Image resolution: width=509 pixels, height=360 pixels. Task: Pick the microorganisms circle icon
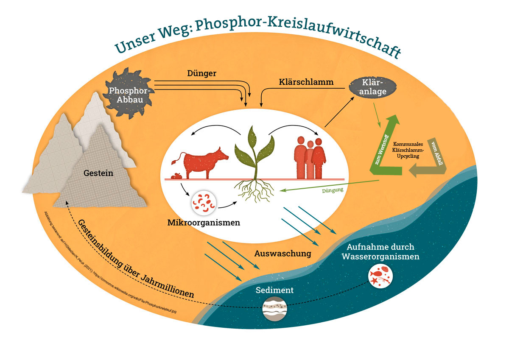tap(203, 203)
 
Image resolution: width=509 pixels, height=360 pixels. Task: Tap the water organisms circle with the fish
tap(380, 275)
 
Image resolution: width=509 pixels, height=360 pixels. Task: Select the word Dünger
tap(202, 73)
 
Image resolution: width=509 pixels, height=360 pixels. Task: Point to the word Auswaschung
tap(283, 254)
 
